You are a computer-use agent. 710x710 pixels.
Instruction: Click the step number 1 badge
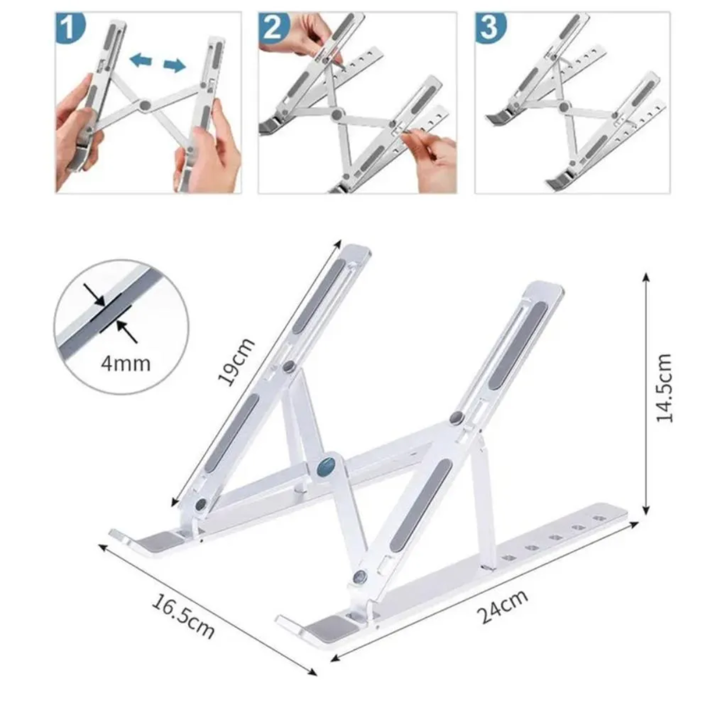pos(70,28)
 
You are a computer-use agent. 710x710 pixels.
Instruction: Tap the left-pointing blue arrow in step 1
pos(140,59)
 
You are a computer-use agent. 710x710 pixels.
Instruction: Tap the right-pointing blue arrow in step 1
pos(175,65)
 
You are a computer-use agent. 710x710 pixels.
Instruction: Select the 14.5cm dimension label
pos(665,388)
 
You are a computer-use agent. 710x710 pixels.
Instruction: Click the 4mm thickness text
pos(125,362)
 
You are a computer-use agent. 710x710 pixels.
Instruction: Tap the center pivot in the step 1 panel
pos(144,106)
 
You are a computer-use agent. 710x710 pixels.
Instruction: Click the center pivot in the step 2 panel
pos(338,114)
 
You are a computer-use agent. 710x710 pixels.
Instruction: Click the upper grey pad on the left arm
pos(318,296)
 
